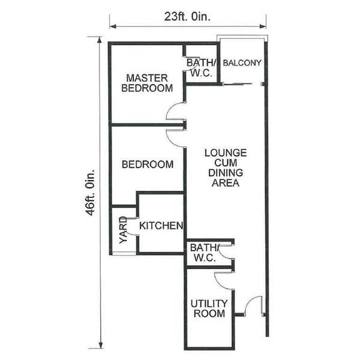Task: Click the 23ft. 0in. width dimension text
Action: pyautogui.click(x=187, y=17)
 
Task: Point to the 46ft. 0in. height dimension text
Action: pyautogui.click(x=90, y=193)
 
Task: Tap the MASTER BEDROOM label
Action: pyautogui.click(x=147, y=83)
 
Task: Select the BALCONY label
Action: pyautogui.click(x=242, y=62)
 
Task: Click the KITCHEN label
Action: pyautogui.click(x=161, y=226)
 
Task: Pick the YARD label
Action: pyautogui.click(x=123, y=230)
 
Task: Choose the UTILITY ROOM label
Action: pyautogui.click(x=209, y=308)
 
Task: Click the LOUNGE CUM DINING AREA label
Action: pyautogui.click(x=226, y=168)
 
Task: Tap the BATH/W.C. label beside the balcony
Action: pyautogui.click(x=202, y=68)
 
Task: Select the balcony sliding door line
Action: pyautogui.click(x=238, y=84)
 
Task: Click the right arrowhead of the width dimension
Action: pyautogui.click(x=263, y=26)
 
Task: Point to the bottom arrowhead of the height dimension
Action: pyautogui.click(x=100, y=345)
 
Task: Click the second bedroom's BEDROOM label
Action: pyautogui.click(x=148, y=164)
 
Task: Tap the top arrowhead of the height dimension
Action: pyautogui.click(x=100, y=40)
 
